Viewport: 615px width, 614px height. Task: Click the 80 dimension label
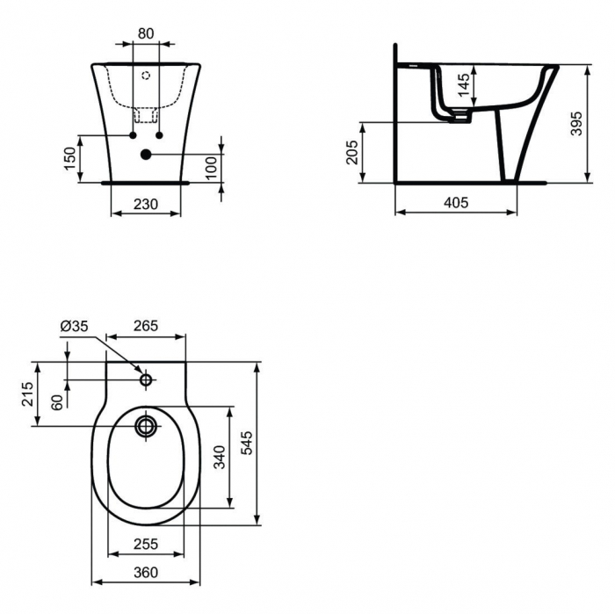coord(146,33)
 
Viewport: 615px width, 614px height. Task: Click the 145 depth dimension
coord(464,86)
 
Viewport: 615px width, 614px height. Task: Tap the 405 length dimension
coord(455,202)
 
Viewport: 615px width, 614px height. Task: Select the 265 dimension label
coord(145,326)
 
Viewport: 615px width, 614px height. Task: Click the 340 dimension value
coord(220,458)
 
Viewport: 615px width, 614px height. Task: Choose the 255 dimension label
coord(145,545)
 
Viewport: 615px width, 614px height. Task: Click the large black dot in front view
coord(146,155)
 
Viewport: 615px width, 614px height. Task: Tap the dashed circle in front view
coord(146,76)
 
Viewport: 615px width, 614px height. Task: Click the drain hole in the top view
coord(146,428)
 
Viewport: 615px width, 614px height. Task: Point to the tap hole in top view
coord(146,380)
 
